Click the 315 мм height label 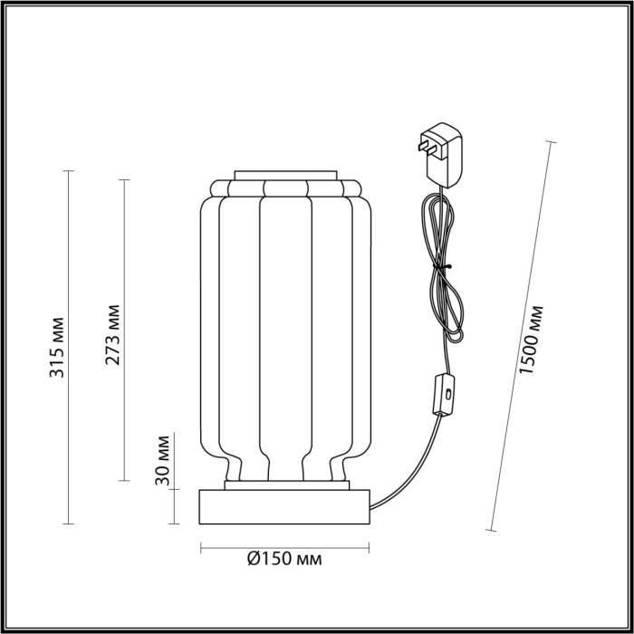(56, 347)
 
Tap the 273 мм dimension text (112, 335)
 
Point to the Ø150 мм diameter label (284, 559)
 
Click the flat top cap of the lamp (285, 173)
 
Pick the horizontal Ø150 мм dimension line (284, 547)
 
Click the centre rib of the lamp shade (284, 335)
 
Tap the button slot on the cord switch (447, 393)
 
